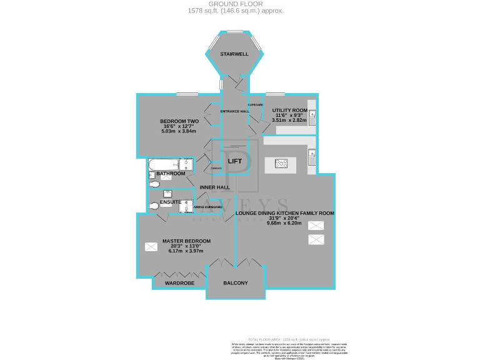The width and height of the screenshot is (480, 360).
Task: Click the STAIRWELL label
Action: [234, 54]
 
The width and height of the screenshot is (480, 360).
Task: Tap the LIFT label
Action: [235, 161]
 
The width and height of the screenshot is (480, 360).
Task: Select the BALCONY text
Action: [236, 283]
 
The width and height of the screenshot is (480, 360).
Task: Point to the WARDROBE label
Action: [179, 283]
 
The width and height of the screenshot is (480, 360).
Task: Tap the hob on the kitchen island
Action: [282, 165]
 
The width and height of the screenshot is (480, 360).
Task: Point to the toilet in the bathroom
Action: [154, 184]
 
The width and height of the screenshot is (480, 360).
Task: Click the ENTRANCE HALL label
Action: [235, 112]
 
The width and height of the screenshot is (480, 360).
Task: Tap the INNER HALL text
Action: [214, 187]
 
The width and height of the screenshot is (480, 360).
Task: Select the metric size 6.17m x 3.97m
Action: [186, 251]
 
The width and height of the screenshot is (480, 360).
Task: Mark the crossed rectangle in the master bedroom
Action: [151, 247]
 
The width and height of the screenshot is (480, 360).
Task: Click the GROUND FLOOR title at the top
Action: [236, 4]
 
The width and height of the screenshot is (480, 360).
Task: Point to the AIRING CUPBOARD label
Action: [208, 207]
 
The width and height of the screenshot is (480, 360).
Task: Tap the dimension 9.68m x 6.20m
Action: [284, 223]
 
